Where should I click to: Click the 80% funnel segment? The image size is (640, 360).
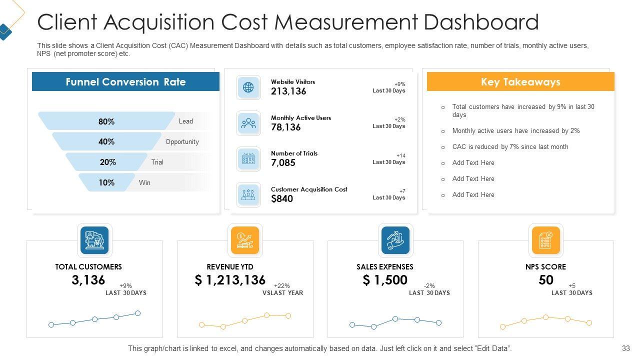point(106,121)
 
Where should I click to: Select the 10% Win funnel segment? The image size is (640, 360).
point(106,183)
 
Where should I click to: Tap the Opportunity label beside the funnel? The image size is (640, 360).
point(182,142)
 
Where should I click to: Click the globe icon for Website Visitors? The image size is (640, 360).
point(248,87)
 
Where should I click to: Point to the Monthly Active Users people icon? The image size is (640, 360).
point(248,123)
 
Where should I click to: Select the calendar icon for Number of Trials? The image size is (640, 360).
point(248,159)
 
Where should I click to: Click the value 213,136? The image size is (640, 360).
point(288,91)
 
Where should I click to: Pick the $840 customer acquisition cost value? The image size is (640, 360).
point(282,198)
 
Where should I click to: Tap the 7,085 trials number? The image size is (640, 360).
point(283,163)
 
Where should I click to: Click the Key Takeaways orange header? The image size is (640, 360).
point(520,82)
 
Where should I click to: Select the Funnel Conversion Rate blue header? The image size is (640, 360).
point(125,82)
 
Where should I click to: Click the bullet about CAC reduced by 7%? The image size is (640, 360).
point(510,147)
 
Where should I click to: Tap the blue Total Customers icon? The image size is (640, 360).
point(94,240)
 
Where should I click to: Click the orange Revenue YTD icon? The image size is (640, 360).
point(245,240)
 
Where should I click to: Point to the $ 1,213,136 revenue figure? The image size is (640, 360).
point(230,280)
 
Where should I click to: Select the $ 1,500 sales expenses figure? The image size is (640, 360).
point(385,280)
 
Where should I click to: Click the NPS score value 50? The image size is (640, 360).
point(546,280)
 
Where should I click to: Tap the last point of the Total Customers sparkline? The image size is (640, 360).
point(138,313)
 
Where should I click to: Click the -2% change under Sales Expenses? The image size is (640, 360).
point(429,286)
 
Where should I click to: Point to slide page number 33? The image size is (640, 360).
point(626,348)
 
